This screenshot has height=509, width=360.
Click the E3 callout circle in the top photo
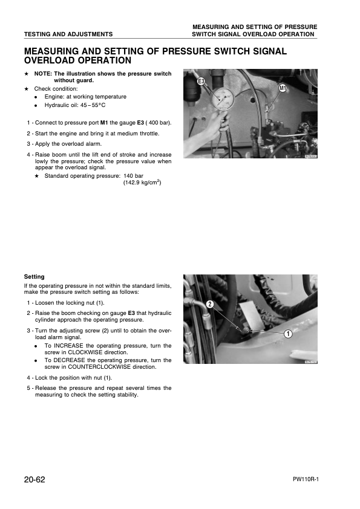click(x=200, y=80)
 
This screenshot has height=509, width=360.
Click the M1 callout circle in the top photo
click(x=282, y=89)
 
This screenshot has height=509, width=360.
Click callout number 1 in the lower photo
click(x=289, y=334)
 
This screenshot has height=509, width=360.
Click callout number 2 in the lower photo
click(x=209, y=303)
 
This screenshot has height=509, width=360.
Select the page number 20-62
click(x=34, y=479)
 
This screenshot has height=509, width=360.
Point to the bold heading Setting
click(x=34, y=277)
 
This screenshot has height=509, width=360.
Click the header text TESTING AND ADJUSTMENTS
click(x=68, y=34)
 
